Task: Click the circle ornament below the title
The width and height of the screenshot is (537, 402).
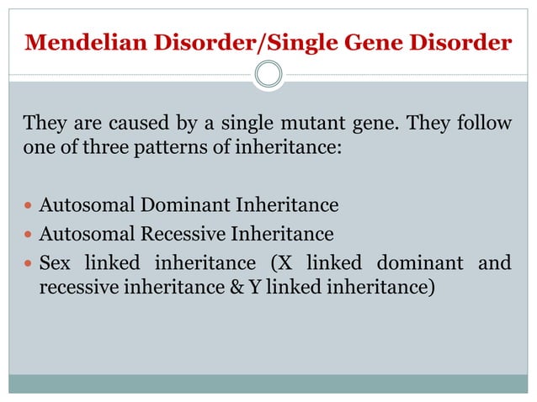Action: click(268, 75)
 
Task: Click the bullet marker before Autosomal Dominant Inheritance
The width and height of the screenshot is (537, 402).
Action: click(28, 205)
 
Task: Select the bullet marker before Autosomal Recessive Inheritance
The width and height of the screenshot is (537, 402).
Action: click(28, 234)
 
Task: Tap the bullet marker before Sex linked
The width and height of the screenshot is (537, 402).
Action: click(28, 263)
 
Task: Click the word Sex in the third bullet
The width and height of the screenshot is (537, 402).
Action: click(56, 262)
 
